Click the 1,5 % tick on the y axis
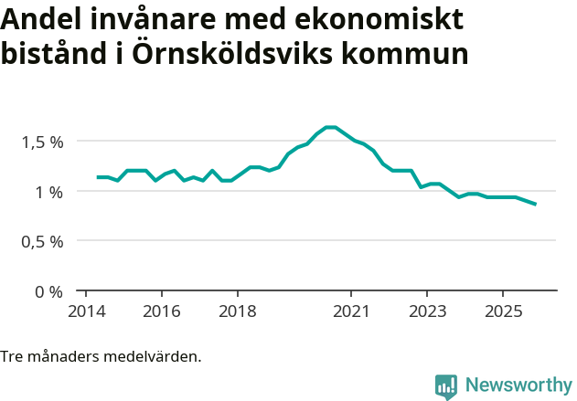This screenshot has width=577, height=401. [43, 142]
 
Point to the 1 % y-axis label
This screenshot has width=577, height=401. [49, 192]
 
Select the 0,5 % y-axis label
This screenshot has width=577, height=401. [43, 242]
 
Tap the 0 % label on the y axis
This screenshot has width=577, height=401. [49, 292]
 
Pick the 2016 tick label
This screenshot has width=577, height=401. [161, 311]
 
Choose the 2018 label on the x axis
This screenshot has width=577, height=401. [237, 311]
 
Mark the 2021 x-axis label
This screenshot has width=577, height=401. [351, 311]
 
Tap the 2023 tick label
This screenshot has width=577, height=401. [427, 311]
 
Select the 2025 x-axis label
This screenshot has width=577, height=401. [503, 311]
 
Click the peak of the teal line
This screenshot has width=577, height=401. [331, 127]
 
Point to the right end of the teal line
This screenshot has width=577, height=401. [535, 204]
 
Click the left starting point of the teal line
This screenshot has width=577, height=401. [98, 177]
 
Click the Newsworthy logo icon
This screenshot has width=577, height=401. [446, 386]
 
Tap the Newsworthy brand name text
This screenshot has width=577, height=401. [518, 385]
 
